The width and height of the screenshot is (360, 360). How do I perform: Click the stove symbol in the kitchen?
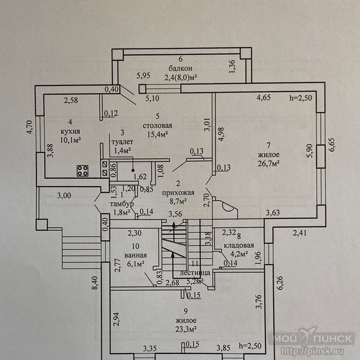[83, 170]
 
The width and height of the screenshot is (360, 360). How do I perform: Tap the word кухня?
[70, 131]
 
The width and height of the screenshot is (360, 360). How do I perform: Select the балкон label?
[180, 68]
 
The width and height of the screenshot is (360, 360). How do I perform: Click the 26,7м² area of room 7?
[269, 163]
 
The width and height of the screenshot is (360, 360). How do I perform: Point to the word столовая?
[157, 126]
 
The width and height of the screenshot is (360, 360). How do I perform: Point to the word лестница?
[192, 273]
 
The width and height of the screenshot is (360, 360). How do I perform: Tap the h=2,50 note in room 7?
[300, 98]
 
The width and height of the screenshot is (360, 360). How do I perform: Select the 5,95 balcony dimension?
[144, 75]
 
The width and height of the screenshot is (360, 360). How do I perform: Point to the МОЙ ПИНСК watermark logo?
[314, 339]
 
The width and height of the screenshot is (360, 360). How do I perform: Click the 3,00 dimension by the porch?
[64, 195]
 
